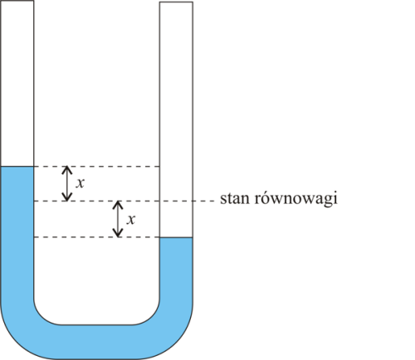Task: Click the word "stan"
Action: (235, 198)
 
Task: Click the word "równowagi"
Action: (296, 198)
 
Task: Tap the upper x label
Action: (80, 183)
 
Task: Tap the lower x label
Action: (131, 219)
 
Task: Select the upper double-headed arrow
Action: (66, 183)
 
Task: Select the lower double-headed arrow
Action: (118, 219)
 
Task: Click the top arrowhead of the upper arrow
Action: (66, 167)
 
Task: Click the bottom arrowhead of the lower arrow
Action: (118, 236)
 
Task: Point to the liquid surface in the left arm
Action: (17, 167)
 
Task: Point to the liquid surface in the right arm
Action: (176, 237)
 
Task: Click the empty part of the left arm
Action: (17, 83)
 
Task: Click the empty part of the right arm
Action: (176, 119)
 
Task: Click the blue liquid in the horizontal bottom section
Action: (97, 342)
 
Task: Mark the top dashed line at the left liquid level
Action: (97, 167)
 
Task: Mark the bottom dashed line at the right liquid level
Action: (97, 237)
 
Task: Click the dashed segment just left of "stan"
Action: (204, 201)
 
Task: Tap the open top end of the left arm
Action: (17, 1)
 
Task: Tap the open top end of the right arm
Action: (176, 2)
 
